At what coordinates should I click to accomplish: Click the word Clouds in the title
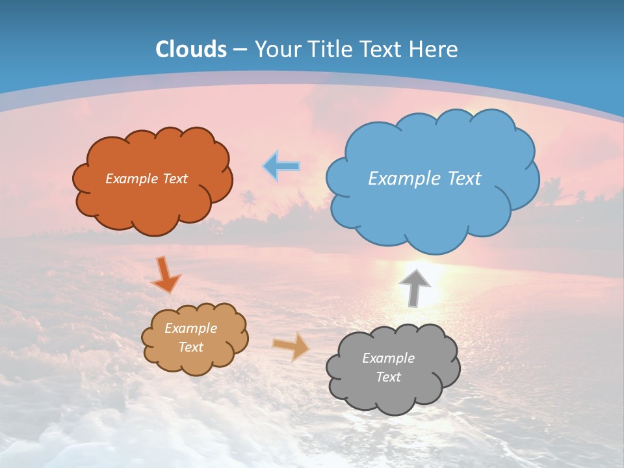[191, 49]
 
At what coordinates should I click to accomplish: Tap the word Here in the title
[434, 49]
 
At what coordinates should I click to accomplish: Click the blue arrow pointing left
[281, 166]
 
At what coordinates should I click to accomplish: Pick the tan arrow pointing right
[291, 346]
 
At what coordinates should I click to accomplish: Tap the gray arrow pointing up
[414, 287]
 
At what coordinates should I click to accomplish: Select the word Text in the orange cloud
[175, 179]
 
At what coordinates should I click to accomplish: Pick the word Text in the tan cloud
[191, 347]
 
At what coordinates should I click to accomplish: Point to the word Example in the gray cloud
[388, 358]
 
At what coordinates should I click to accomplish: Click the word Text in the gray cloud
[388, 377]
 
